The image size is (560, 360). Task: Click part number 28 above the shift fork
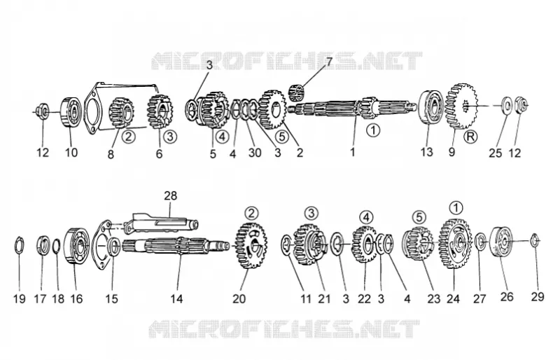pos(170,196)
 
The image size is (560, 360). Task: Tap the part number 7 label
pos(329,62)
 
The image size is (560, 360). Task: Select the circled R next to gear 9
pos(470,137)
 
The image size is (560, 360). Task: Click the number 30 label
pos(255,153)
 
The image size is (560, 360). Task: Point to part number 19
pos(20,298)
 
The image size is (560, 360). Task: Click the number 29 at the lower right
pos(538,296)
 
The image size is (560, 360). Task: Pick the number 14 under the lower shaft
pos(176,298)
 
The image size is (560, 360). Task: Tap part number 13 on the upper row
pos(426,152)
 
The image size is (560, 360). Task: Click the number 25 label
pos(496,153)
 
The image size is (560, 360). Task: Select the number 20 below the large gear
pos(239,298)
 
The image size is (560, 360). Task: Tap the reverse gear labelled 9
pos(461,106)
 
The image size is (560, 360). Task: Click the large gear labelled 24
pos(455,243)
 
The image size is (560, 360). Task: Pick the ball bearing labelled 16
pos(76,247)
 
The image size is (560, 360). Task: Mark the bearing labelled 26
pos(500,242)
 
